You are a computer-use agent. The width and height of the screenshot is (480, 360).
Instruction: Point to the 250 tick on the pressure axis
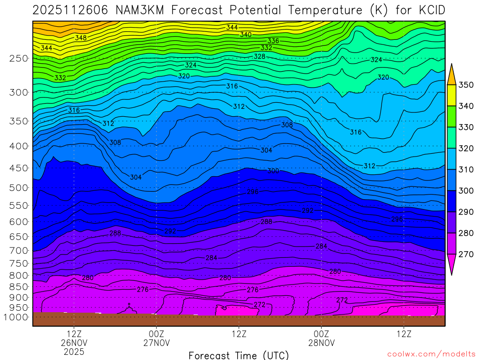tap(18, 59)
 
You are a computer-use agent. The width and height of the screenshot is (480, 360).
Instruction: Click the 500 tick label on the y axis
tap(18, 187)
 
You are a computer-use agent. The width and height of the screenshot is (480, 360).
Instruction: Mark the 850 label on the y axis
tap(18, 286)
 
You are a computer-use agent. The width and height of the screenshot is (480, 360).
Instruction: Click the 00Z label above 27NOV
tap(156, 334)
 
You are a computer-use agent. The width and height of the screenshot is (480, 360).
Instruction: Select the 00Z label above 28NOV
tap(321, 334)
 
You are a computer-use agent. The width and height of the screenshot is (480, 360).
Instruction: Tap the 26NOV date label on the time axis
tap(74, 343)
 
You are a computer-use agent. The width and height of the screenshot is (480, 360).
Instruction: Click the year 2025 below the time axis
tap(74, 352)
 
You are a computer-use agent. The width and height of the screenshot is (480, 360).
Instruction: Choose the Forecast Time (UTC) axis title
tap(239, 355)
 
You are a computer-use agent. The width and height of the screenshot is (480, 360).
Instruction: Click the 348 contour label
tap(81, 37)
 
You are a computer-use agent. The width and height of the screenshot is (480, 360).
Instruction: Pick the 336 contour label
tap(273, 41)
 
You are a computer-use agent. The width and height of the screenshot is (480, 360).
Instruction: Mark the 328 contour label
tap(259, 56)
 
